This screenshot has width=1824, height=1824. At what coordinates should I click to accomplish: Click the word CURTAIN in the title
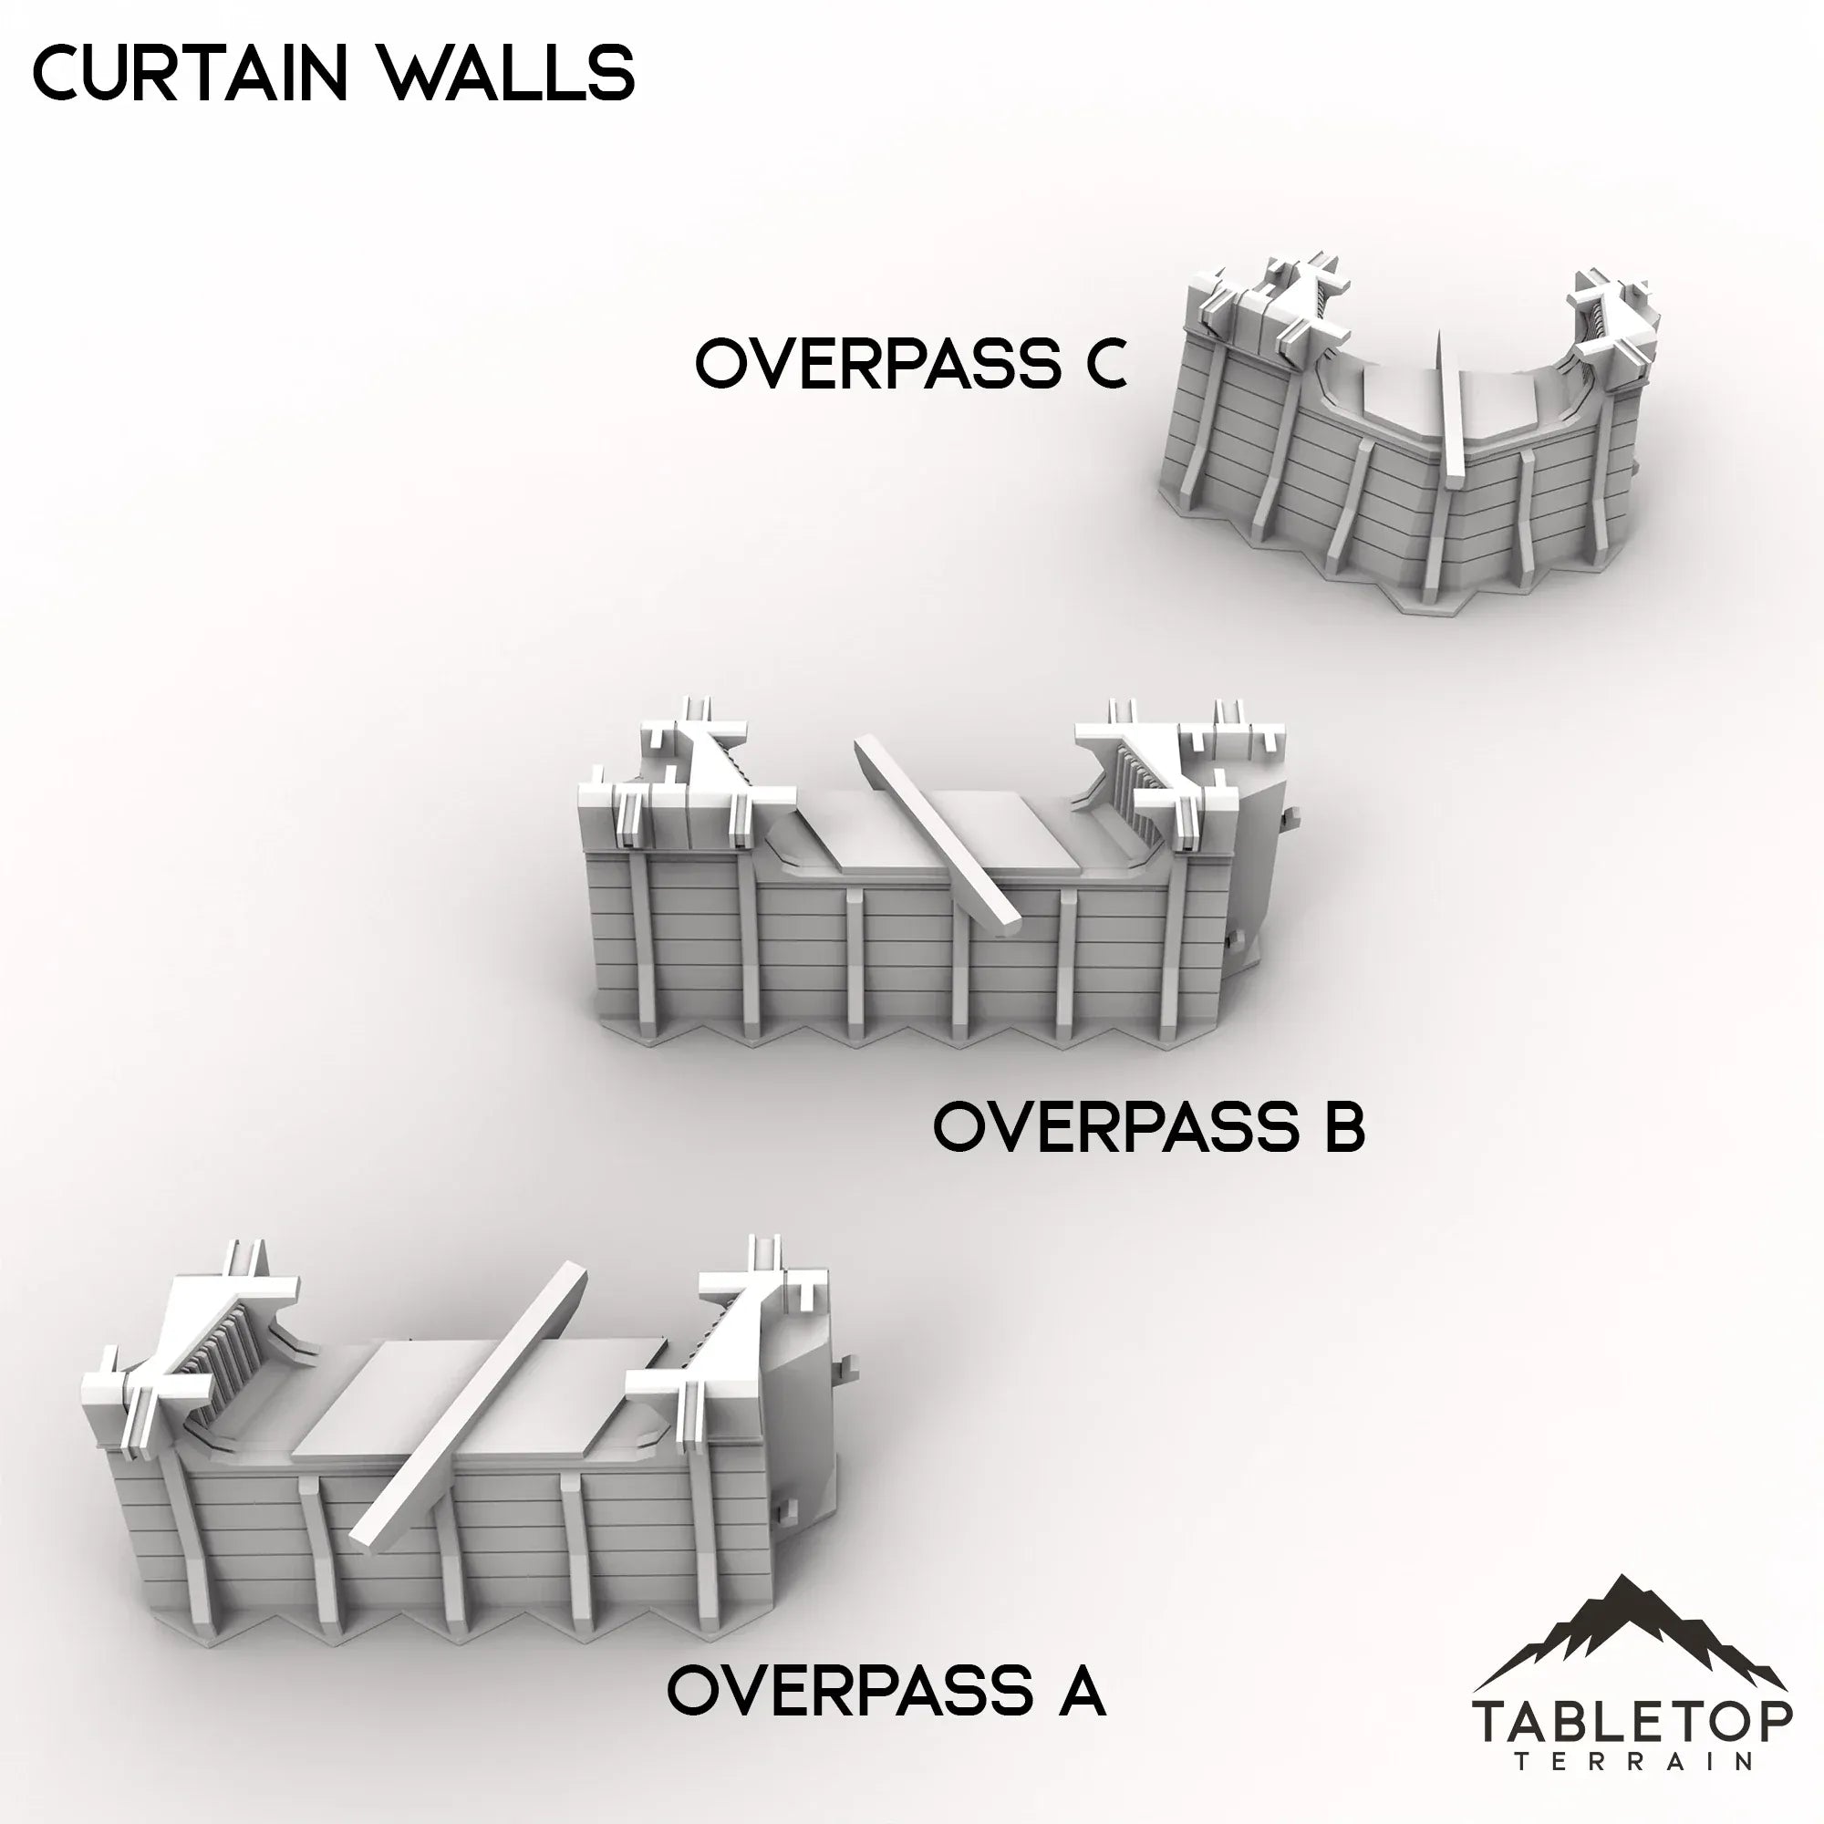[x=190, y=74]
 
